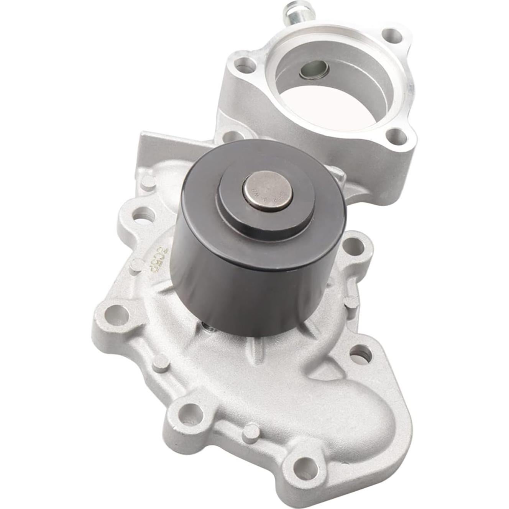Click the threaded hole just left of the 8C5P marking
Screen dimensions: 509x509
[x=141, y=213]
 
